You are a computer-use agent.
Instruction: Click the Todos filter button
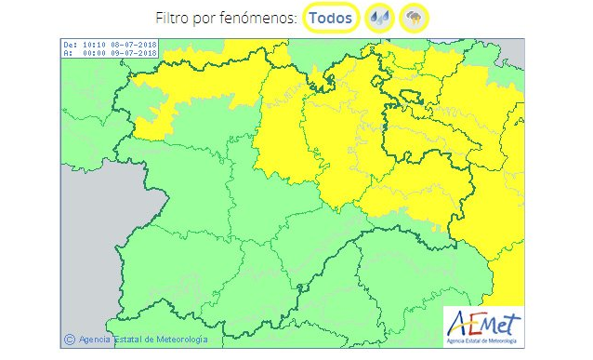pyautogui.click(x=330, y=18)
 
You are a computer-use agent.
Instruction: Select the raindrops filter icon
pyautogui.click(x=379, y=18)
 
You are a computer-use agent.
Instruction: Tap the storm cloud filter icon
pyautogui.click(x=414, y=18)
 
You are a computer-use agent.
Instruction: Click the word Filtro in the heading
pyautogui.click(x=175, y=18)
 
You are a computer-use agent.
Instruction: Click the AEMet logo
pyautogui.click(x=483, y=327)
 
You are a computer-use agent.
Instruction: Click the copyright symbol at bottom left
pyautogui.click(x=68, y=340)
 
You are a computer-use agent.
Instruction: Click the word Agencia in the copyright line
pyautogui.click(x=95, y=340)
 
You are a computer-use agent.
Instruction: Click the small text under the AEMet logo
pyautogui.click(x=483, y=342)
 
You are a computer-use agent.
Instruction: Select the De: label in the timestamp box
pyautogui.click(x=70, y=44)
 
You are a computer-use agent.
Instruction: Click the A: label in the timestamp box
pyautogui.click(x=67, y=52)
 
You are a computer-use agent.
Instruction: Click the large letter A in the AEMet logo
pyautogui.click(x=458, y=325)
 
